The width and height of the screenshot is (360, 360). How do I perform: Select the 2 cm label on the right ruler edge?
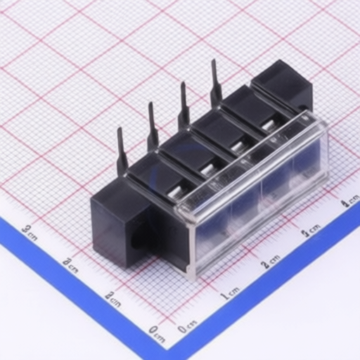tap(270, 260)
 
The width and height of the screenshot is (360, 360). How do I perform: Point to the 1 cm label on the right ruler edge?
tap(229, 291)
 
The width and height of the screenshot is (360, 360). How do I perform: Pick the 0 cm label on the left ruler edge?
tap(157, 330)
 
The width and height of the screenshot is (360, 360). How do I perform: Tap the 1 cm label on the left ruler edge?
tap(112, 297)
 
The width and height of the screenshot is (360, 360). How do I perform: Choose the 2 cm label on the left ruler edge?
tap(70, 264)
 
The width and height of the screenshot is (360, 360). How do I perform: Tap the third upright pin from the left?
tap(184, 105)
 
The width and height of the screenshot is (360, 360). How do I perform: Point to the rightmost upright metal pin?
tap(215, 82)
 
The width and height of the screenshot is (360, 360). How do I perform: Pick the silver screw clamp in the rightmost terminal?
tap(268, 127)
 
